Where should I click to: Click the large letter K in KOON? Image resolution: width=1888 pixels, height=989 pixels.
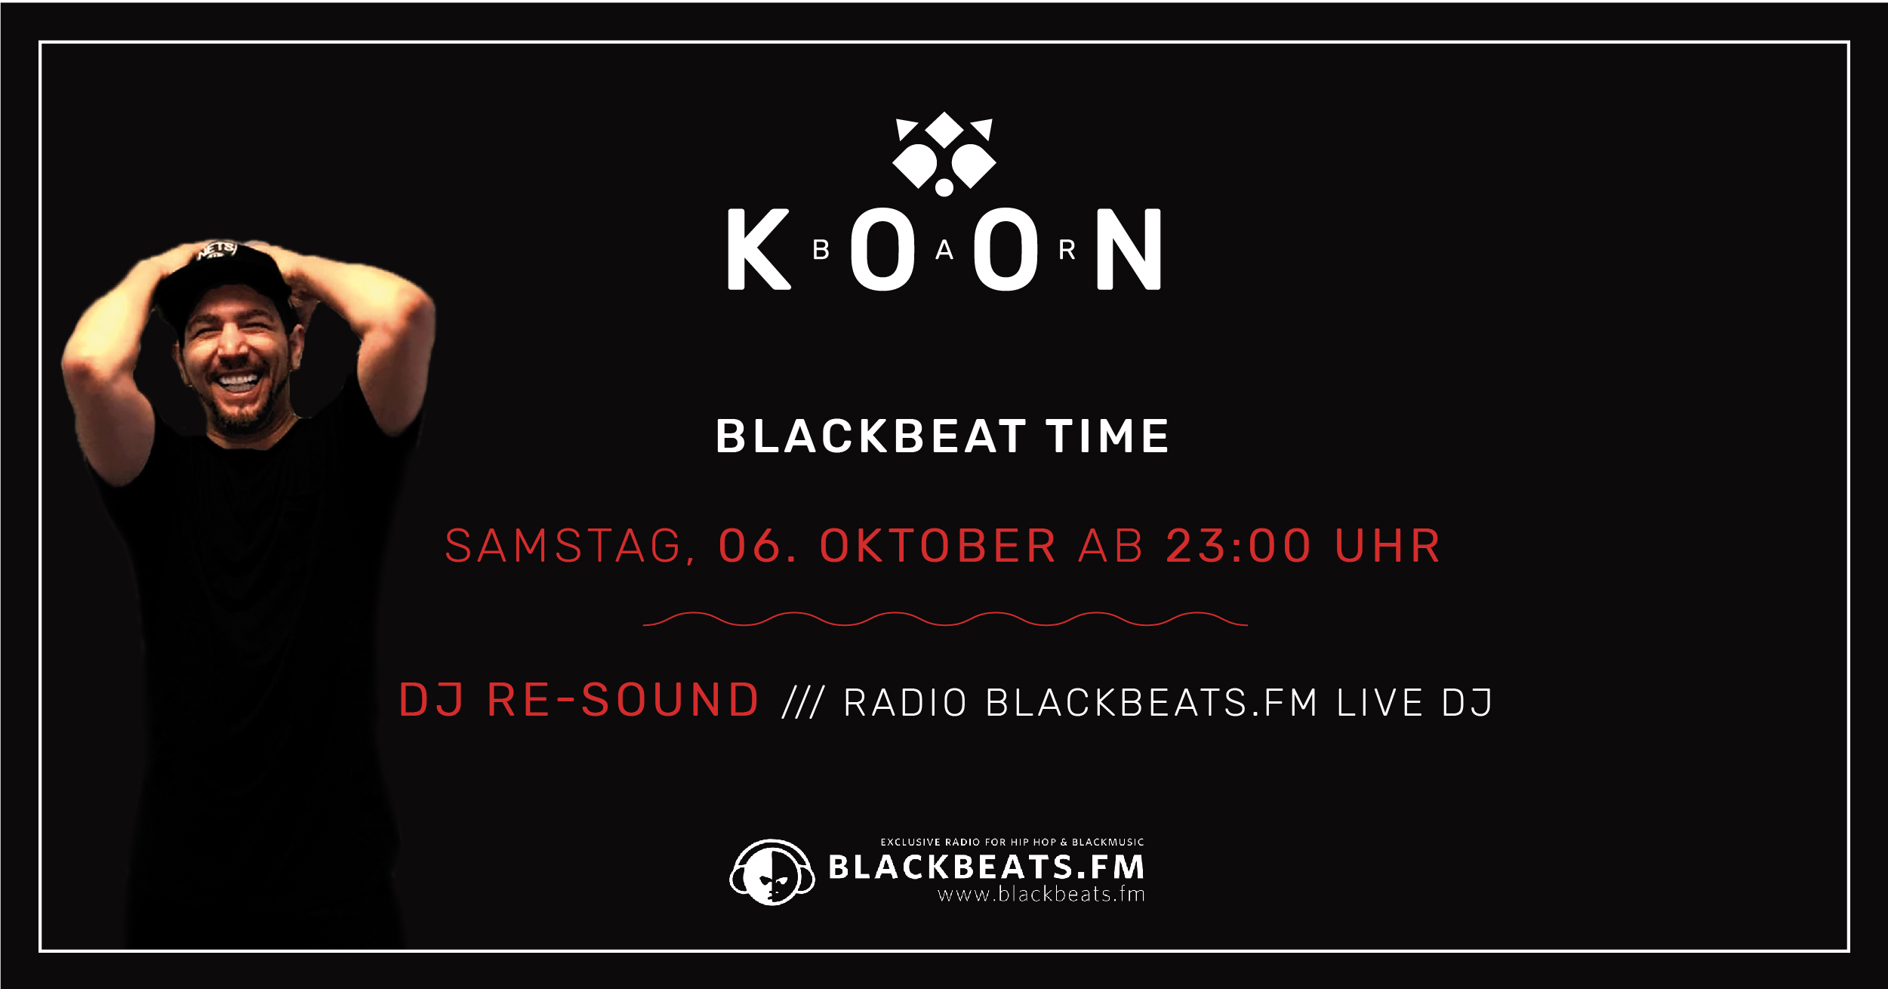pos(757,249)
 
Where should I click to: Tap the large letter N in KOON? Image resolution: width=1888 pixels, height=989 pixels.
pos(1129,249)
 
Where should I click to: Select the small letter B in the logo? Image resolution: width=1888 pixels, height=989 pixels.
pos(821,249)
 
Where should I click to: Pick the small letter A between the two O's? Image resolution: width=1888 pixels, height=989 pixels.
pos(944,250)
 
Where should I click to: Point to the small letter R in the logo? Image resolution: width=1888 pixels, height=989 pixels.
pos(1067,249)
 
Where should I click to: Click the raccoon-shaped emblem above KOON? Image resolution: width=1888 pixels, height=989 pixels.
pos(944,154)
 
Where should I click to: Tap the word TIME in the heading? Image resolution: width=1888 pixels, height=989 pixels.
pos(1107,436)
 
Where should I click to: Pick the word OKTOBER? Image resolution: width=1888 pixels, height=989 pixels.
pos(938,546)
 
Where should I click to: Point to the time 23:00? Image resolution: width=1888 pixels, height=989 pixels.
pos(1239,546)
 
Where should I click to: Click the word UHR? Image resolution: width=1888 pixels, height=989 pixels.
pos(1388,546)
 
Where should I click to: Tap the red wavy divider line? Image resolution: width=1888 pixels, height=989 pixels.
pos(944,619)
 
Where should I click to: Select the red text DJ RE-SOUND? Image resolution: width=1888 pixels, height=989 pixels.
pos(578,700)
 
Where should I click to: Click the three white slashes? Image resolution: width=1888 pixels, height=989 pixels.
pos(803,703)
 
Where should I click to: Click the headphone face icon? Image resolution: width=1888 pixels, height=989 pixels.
pos(772,872)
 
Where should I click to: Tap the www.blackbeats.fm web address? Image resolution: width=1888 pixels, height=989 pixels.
pos(1041,895)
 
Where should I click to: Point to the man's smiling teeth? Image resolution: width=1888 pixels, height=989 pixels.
pos(239,381)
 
